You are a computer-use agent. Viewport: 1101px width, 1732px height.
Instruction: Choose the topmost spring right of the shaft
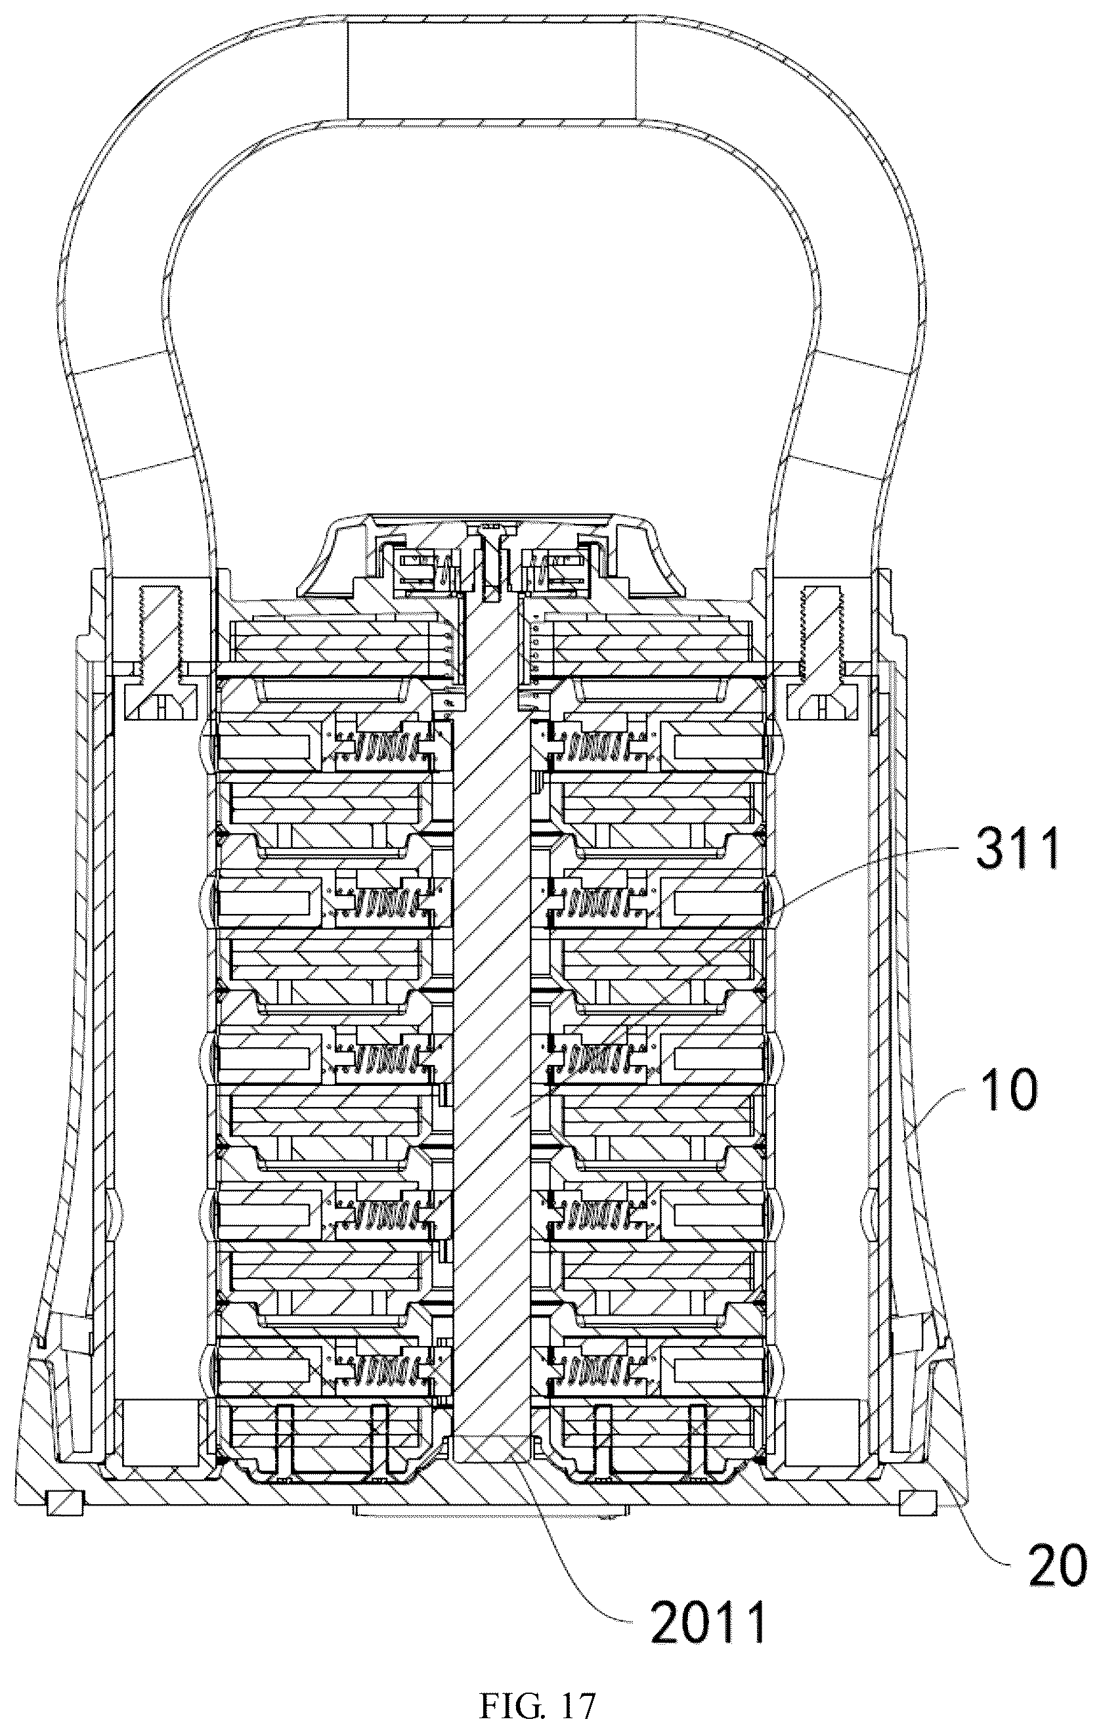point(600,747)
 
